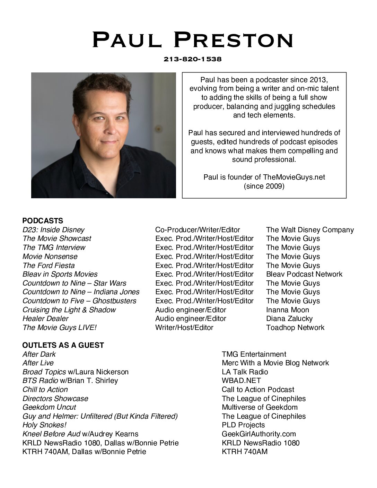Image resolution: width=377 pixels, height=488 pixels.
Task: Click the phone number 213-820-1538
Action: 193,59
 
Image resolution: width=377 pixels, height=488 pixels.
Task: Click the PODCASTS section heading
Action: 43,221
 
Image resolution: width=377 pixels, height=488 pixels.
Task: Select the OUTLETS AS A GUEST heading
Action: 63,345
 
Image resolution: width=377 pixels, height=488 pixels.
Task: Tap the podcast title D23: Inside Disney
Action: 53,230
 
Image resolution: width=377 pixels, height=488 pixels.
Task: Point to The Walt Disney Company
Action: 310,230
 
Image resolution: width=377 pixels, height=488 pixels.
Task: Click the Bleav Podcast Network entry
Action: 304,274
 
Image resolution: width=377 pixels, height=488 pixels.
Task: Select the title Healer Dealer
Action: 45,319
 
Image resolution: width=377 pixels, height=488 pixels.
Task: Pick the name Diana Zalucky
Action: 289,319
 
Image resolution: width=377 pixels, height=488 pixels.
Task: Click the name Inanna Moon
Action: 287,310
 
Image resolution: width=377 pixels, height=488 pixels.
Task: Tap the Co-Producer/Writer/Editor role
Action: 198,230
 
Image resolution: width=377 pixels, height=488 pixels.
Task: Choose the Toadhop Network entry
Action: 295,328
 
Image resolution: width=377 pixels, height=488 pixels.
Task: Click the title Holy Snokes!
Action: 44,425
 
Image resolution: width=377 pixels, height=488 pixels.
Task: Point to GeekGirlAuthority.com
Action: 259,434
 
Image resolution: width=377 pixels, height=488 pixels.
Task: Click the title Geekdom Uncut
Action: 49,407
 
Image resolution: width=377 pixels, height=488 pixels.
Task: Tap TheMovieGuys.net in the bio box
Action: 294,177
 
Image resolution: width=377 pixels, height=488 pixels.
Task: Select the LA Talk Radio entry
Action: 245,372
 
